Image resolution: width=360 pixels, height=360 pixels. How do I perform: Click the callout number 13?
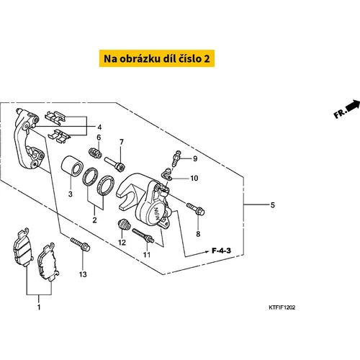click(x=83, y=274)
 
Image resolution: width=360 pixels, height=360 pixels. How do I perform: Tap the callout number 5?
click(x=273, y=205)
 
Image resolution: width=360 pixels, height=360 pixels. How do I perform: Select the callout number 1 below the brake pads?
click(x=39, y=307)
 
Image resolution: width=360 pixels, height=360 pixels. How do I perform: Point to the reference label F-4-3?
click(x=221, y=251)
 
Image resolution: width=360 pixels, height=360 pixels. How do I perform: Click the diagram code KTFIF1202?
click(x=282, y=307)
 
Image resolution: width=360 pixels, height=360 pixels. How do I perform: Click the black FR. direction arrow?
click(x=353, y=106)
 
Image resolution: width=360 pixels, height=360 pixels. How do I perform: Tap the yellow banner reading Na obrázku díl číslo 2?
click(x=157, y=58)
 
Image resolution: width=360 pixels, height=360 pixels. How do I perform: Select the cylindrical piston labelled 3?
click(x=72, y=166)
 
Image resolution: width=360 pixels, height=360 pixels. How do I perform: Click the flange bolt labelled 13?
click(x=80, y=244)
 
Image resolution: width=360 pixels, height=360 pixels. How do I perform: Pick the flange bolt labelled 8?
click(x=196, y=209)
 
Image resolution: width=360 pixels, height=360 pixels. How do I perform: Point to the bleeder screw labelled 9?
click(x=176, y=158)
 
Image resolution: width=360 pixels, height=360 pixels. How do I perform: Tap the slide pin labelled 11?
click(x=143, y=235)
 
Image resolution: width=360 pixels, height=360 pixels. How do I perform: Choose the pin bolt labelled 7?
click(x=114, y=163)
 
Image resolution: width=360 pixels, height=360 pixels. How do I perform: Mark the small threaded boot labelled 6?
click(x=95, y=153)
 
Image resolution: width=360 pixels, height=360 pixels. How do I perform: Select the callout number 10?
click(x=194, y=179)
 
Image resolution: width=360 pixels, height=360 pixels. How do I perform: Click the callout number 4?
click(x=99, y=127)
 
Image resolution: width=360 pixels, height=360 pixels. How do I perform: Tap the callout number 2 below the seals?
click(x=94, y=220)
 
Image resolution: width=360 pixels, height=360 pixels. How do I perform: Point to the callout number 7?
click(x=122, y=142)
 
